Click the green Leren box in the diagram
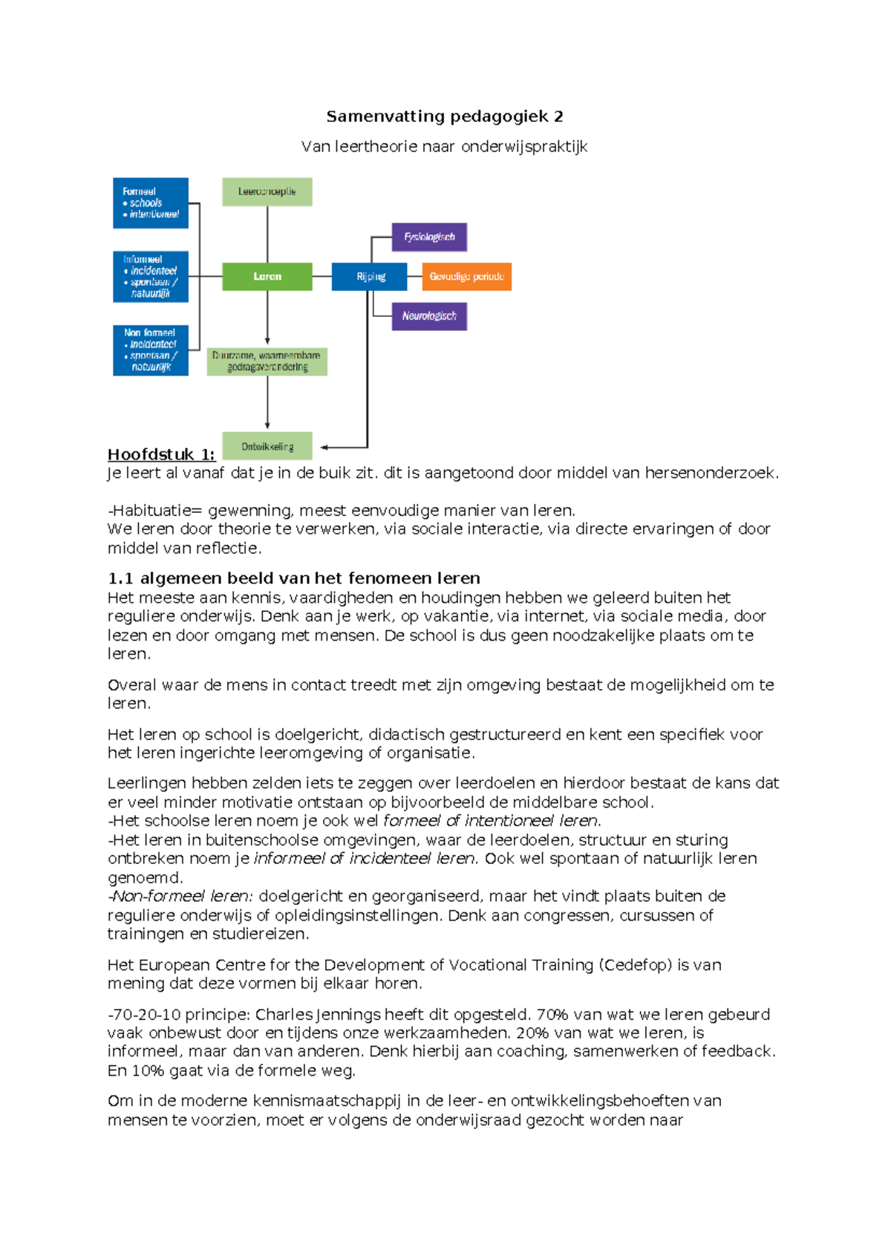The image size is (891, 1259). click(267, 276)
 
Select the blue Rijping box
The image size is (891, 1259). click(369, 276)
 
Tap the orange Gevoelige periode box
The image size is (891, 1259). click(466, 276)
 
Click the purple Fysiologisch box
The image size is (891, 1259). click(429, 237)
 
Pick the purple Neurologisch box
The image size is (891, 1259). click(429, 316)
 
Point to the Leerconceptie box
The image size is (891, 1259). click(267, 192)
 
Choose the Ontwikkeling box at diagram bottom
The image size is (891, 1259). click(267, 446)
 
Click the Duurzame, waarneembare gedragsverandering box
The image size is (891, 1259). click(267, 362)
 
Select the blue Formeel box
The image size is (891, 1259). click(151, 203)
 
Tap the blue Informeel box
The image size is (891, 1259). click(151, 276)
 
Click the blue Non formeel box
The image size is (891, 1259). click(151, 350)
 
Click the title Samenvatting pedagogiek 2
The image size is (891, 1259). click(444, 117)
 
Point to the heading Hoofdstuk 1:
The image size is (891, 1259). click(161, 454)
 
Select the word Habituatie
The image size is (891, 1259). click(151, 511)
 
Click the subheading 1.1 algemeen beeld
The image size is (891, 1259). click(293, 578)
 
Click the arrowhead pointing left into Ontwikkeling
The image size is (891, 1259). click(324, 447)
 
